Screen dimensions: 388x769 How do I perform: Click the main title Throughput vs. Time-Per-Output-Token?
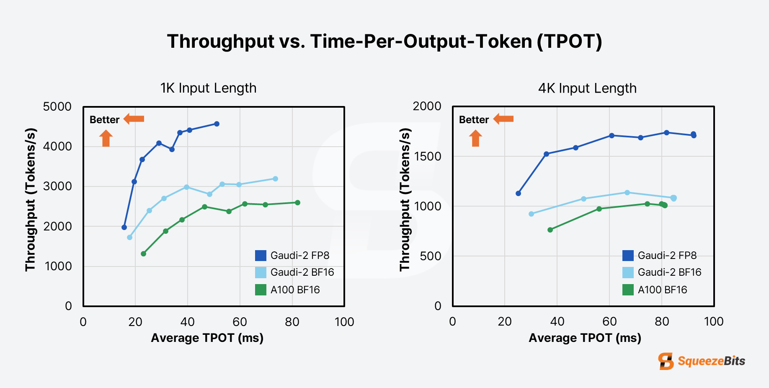tap(384, 41)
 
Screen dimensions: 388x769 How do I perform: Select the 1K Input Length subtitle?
tap(208, 88)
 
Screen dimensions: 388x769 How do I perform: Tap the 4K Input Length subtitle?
tap(587, 88)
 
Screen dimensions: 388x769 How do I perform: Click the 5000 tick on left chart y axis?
tap(57, 106)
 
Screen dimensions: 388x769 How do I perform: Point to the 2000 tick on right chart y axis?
tap(427, 106)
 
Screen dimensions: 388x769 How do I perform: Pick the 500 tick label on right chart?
tap(431, 256)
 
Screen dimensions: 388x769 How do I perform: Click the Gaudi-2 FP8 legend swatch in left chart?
tap(261, 256)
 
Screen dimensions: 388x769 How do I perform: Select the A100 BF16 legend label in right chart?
tap(662, 290)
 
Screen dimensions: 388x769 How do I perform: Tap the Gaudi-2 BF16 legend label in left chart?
tap(302, 272)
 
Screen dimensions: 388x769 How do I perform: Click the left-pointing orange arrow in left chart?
tap(134, 119)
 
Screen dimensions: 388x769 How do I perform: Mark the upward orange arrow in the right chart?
tap(475, 138)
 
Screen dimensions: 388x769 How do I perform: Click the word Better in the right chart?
tap(474, 120)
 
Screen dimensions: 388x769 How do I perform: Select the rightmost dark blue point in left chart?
tap(217, 124)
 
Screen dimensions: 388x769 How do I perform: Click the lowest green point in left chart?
tap(143, 253)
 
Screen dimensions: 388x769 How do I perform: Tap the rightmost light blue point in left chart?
tap(275, 179)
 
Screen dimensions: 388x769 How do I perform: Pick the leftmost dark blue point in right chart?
tap(518, 193)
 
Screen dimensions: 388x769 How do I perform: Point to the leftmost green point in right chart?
tap(550, 230)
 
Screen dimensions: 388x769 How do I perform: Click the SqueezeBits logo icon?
tap(666, 361)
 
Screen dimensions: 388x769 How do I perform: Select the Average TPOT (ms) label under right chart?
tap(585, 338)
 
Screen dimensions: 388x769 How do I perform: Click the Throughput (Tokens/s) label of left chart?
tap(31, 199)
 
